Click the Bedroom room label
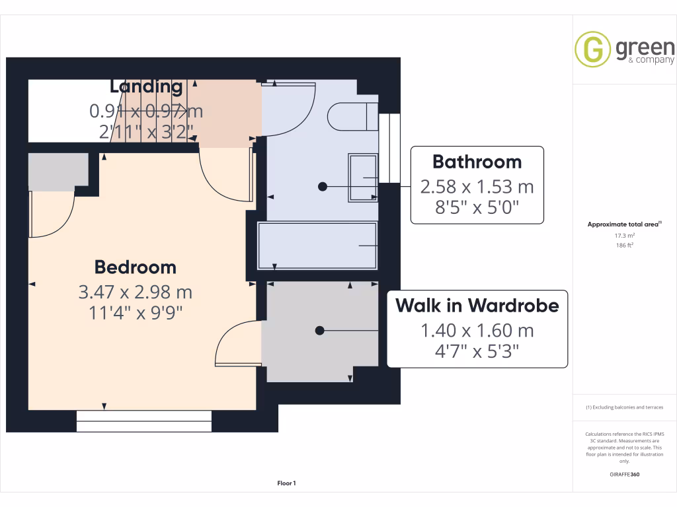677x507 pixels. pyautogui.click(x=135, y=267)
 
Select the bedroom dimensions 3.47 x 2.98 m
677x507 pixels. pyautogui.click(x=135, y=291)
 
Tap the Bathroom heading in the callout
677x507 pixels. pyautogui.click(x=477, y=162)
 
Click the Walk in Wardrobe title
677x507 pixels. pyautogui.click(x=477, y=306)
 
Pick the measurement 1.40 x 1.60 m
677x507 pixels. pyautogui.click(x=477, y=330)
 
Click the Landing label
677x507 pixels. pyautogui.click(x=146, y=86)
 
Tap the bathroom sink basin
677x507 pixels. pyautogui.click(x=363, y=177)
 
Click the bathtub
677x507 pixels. pyautogui.click(x=318, y=246)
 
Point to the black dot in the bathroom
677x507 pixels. pyautogui.click(x=323, y=187)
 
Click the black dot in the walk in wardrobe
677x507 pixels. pyautogui.click(x=320, y=330)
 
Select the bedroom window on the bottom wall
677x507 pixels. pyautogui.click(x=144, y=421)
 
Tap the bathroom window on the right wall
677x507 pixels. pyautogui.click(x=389, y=149)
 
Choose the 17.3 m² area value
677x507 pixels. pyautogui.click(x=625, y=235)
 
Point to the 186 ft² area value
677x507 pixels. pyautogui.click(x=625, y=245)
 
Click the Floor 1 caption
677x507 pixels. pyautogui.click(x=286, y=484)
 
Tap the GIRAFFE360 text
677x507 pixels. pyautogui.click(x=625, y=474)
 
